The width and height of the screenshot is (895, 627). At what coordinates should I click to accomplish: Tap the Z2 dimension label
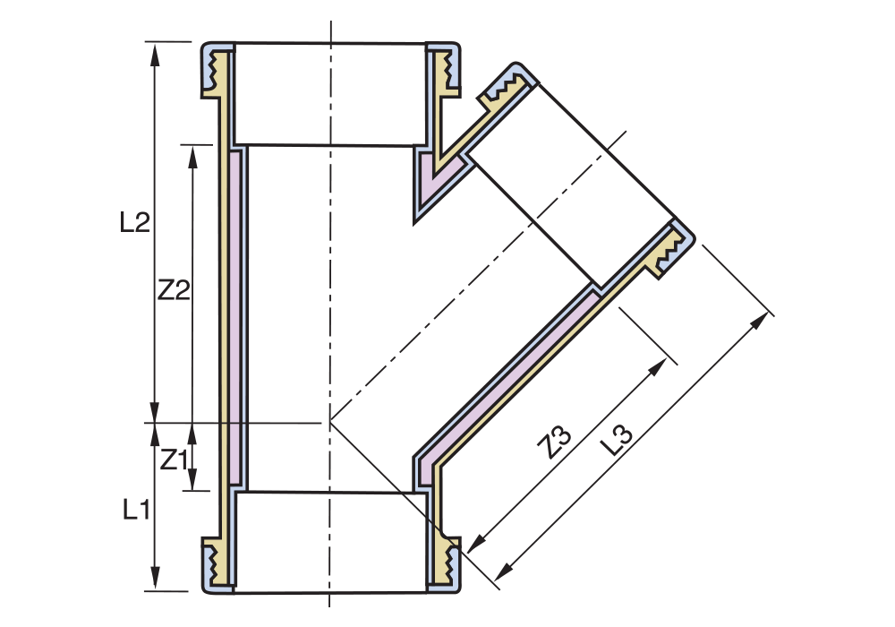pyautogui.click(x=174, y=290)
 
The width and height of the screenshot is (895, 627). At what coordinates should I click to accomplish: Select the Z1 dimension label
pyautogui.click(x=174, y=460)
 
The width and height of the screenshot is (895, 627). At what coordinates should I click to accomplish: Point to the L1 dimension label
pyautogui.click(x=136, y=509)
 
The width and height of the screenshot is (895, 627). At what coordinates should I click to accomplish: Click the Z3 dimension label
pyautogui.click(x=556, y=443)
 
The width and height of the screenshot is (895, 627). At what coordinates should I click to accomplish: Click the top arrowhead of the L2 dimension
pyautogui.click(x=155, y=53)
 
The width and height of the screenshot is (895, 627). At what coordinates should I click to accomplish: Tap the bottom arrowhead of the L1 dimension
pyautogui.click(x=155, y=579)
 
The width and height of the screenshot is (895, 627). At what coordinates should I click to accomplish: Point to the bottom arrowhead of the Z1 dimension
pyautogui.click(x=192, y=480)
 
